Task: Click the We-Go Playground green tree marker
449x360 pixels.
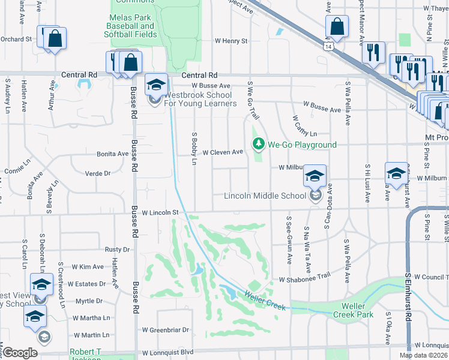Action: (258, 144)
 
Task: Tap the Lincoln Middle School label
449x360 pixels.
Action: (265, 196)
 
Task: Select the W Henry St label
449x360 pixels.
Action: (231, 41)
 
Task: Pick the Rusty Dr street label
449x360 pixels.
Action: (117, 249)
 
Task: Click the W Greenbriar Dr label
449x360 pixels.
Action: (166, 329)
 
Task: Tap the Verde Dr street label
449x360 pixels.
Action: (99, 173)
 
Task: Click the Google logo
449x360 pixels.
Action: (20, 353)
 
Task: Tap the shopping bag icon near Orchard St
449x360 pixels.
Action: (55, 38)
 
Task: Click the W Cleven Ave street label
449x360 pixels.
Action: (222, 152)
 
